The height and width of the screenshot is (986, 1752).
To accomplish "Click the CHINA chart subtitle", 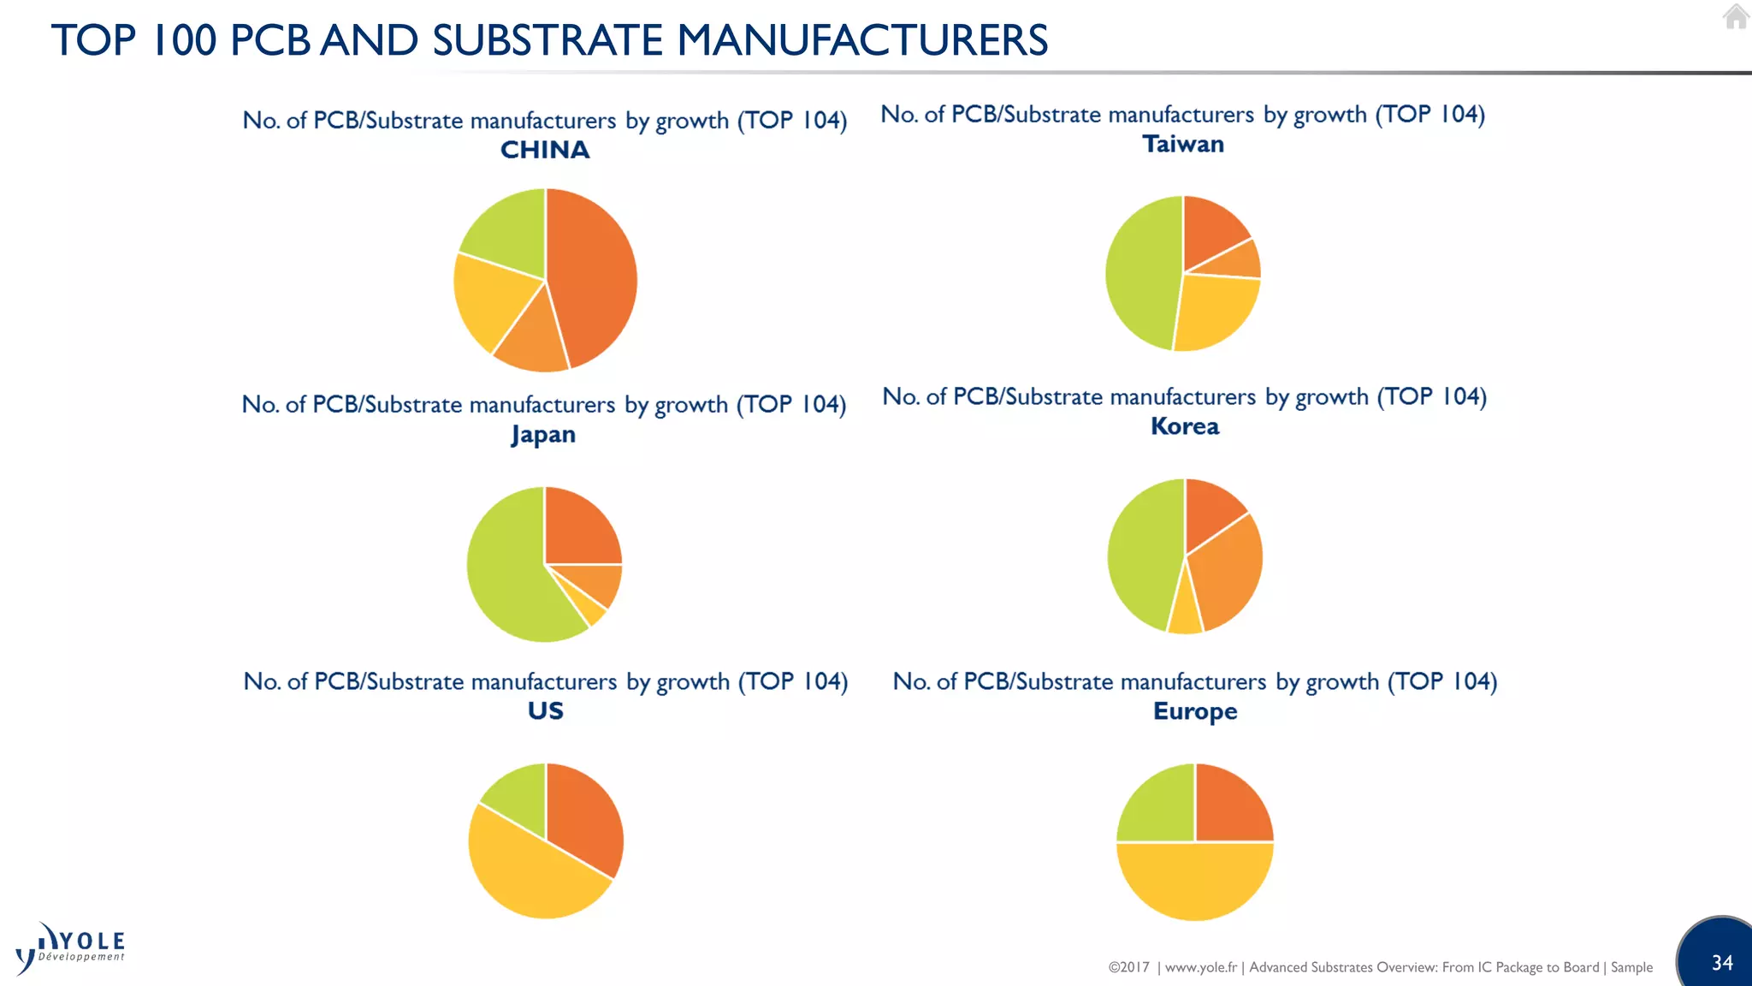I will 545,150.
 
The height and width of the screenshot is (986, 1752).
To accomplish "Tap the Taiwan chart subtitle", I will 1183,144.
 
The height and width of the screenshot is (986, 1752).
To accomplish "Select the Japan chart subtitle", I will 543,435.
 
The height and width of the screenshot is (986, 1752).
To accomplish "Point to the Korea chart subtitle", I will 1185,426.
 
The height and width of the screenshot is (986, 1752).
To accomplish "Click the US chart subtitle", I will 545,710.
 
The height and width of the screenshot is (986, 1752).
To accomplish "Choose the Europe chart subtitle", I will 1195,711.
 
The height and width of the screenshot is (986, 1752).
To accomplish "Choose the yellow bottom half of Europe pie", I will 1195,882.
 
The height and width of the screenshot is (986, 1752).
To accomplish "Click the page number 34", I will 1722,963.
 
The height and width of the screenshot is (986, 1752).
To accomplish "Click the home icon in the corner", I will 1736,16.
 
